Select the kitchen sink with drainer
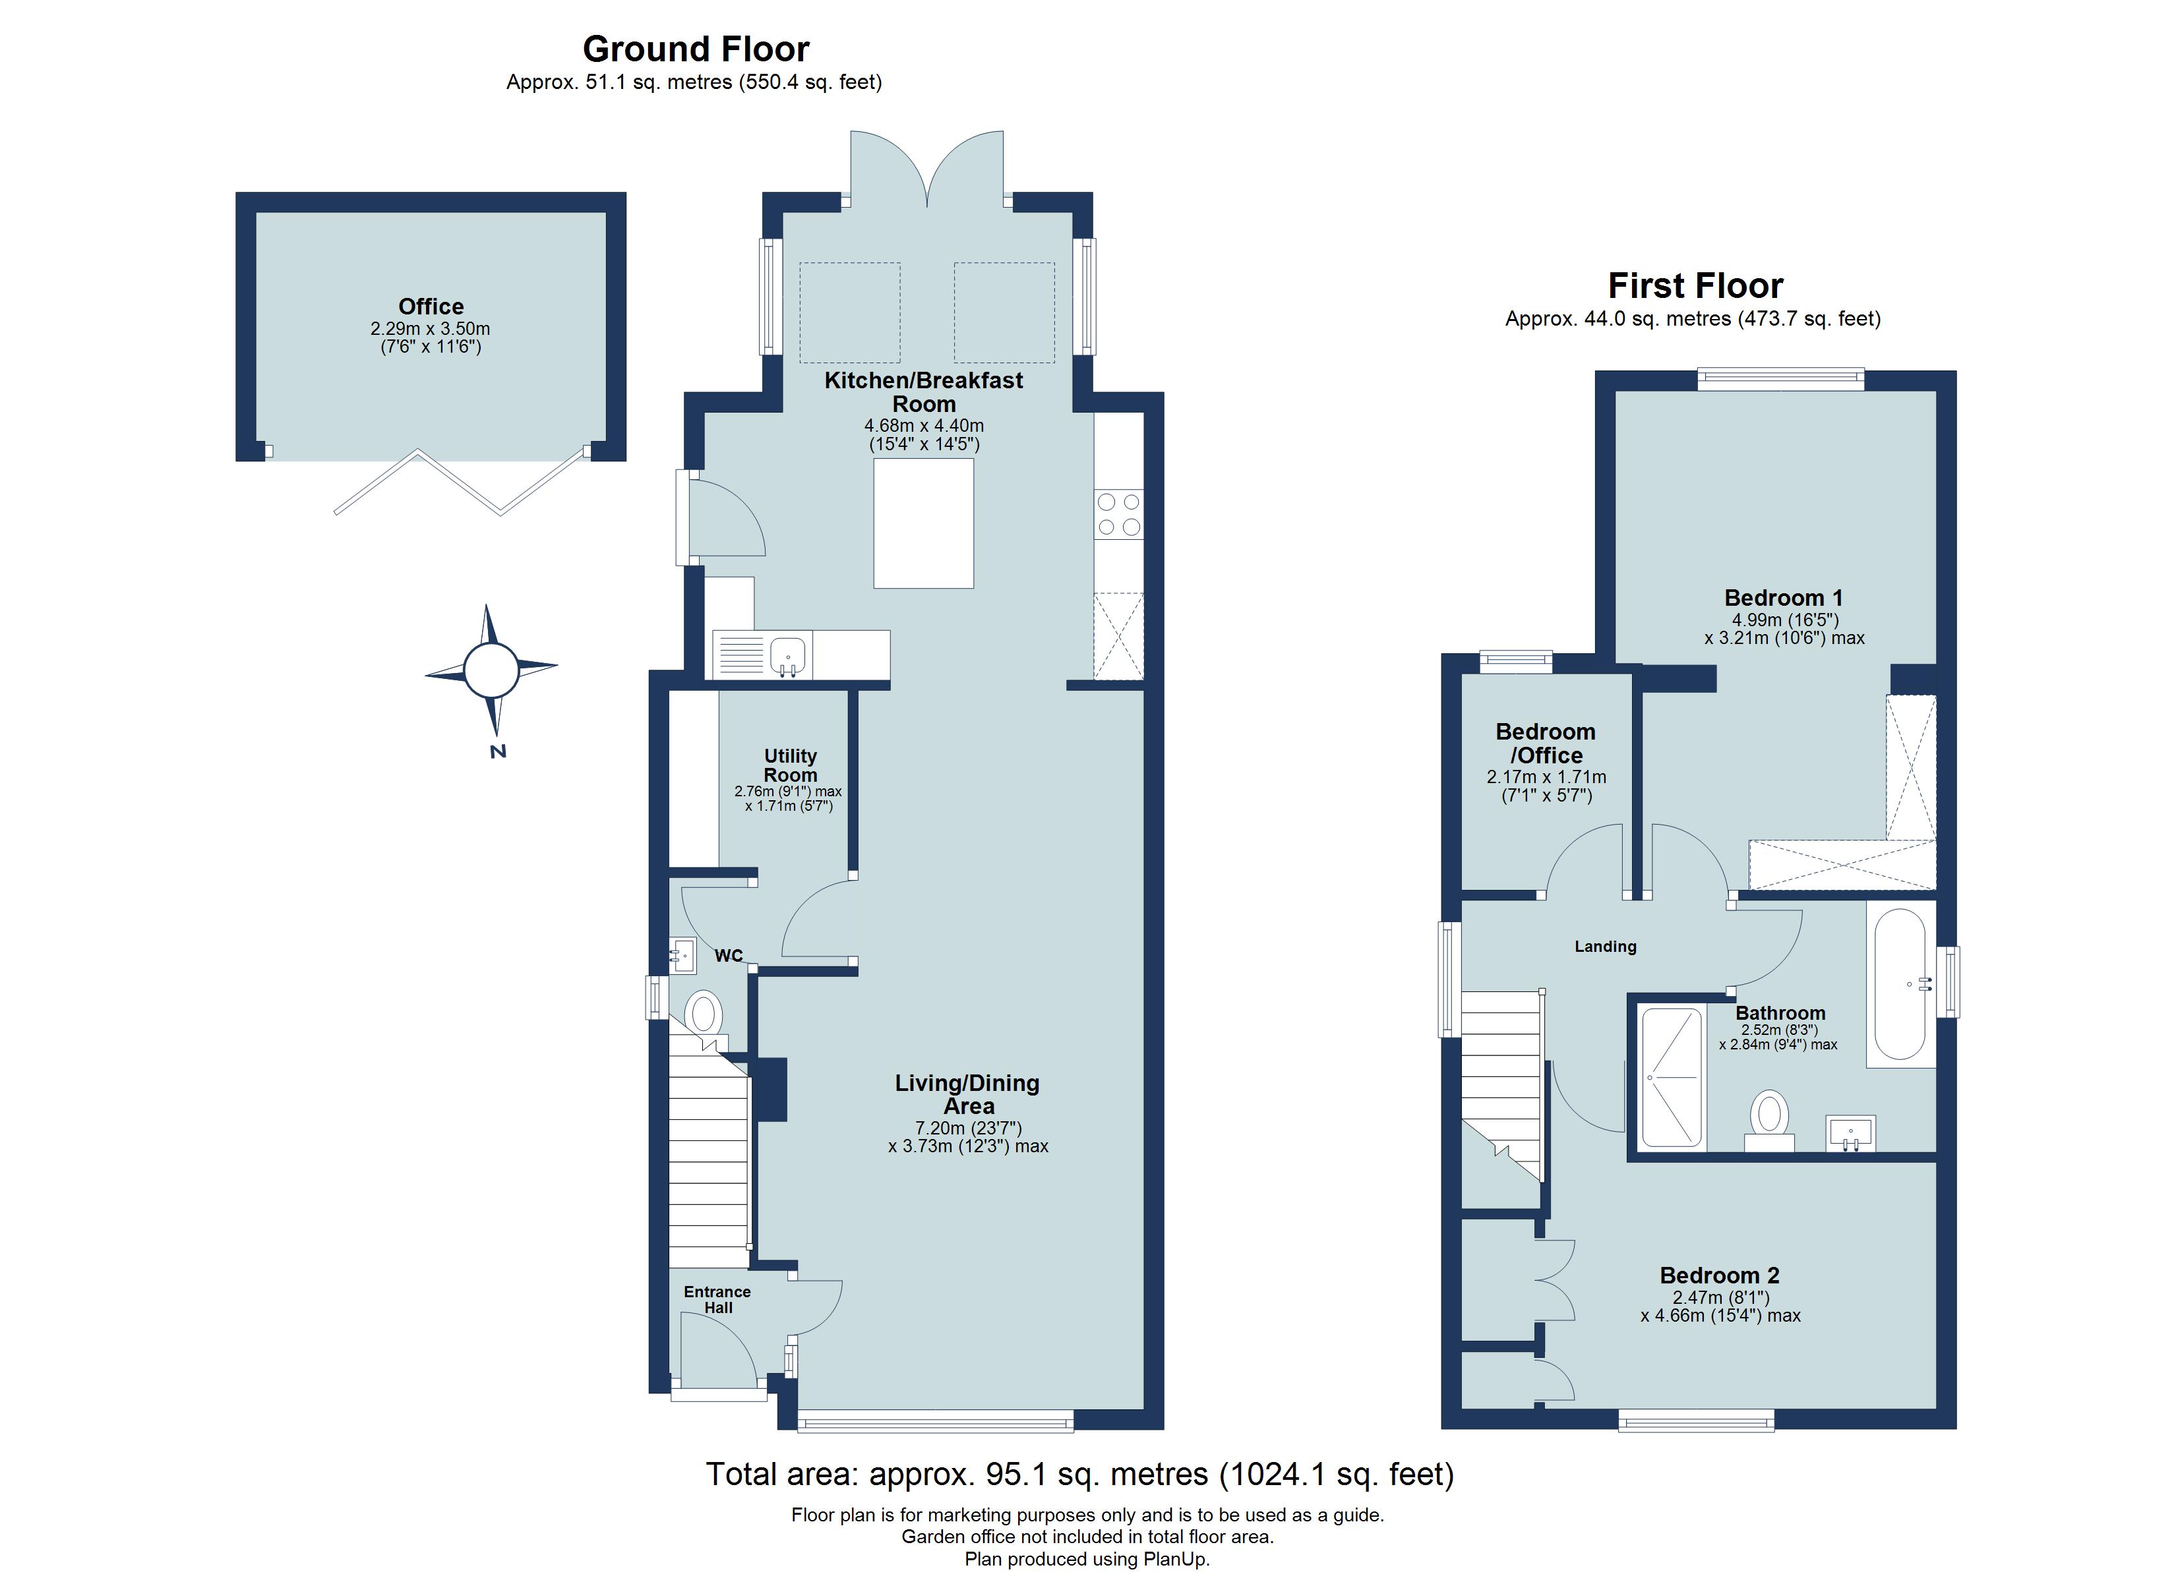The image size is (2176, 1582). (763, 655)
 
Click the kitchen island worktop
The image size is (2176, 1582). (923, 523)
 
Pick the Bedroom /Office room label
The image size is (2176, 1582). (1546, 744)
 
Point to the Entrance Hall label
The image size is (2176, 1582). (717, 1299)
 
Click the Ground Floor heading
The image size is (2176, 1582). (696, 49)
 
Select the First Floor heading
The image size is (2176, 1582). (1695, 286)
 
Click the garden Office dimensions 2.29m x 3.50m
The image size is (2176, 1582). (431, 329)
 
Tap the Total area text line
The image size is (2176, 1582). (1079, 1474)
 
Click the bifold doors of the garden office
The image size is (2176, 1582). (460, 482)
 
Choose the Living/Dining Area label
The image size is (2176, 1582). (967, 1095)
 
